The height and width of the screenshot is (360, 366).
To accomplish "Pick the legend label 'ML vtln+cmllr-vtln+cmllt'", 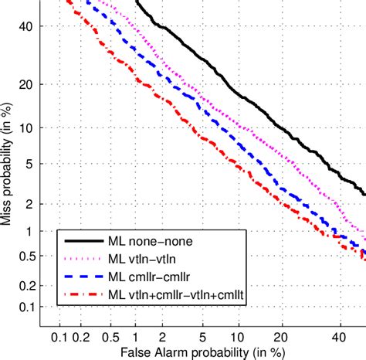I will tap(178, 295).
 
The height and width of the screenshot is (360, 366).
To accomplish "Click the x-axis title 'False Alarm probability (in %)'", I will tap(198, 352).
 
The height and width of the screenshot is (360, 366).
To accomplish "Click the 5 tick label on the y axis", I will tap(33, 164).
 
